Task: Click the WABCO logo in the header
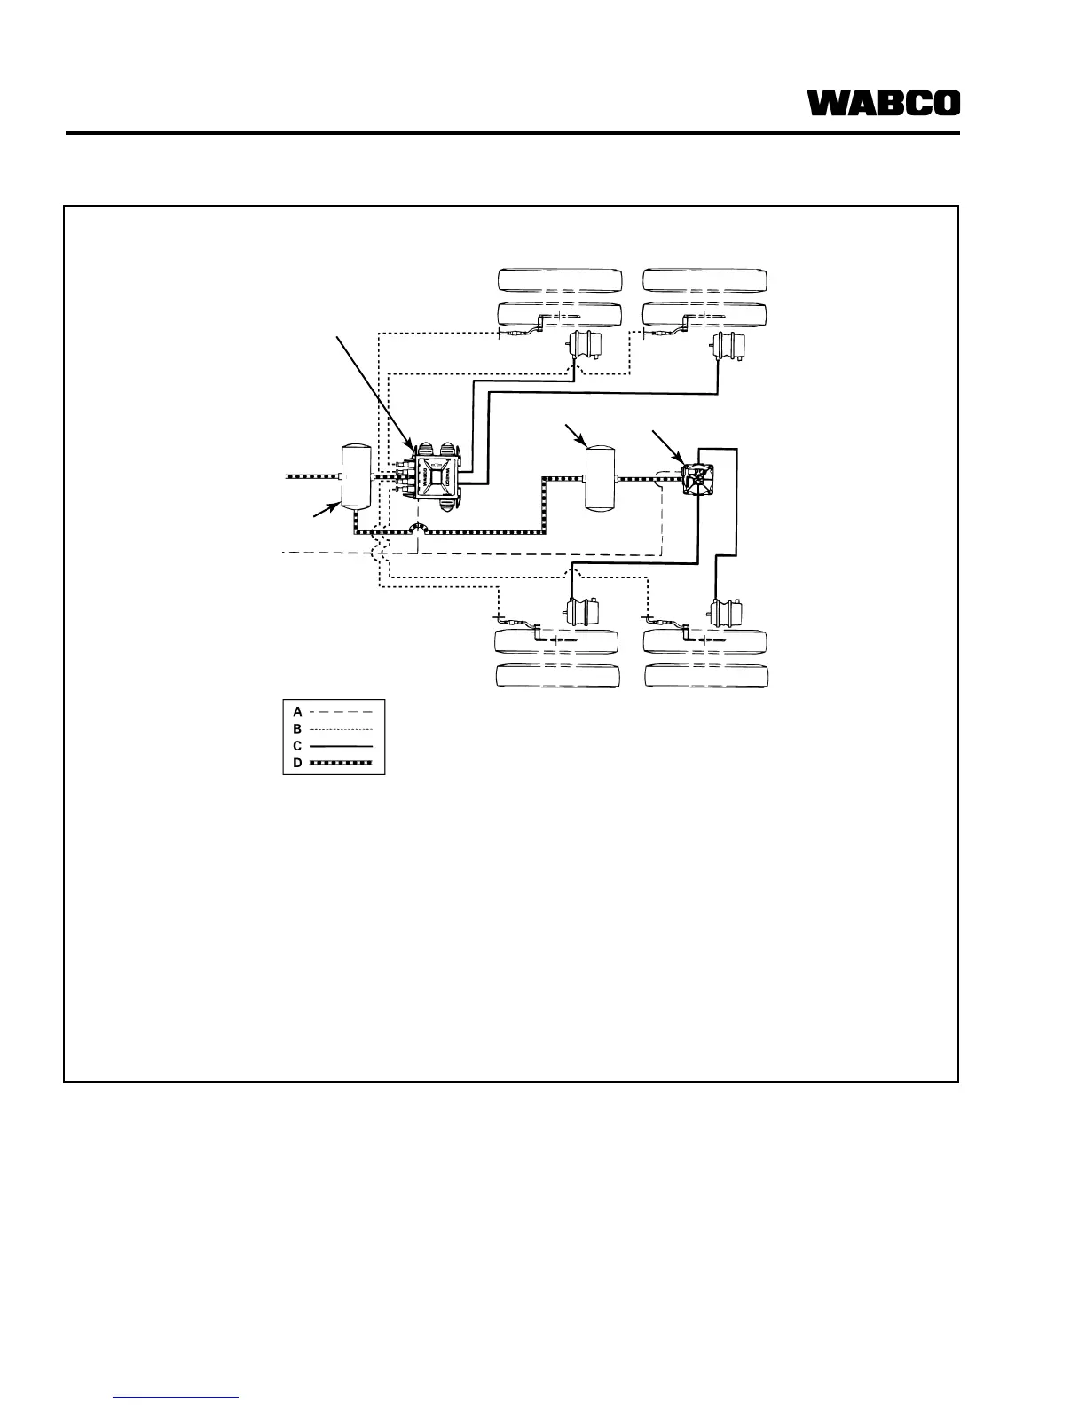(x=883, y=104)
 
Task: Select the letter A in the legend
(x=298, y=711)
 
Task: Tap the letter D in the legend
(x=298, y=763)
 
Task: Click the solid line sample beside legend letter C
(x=341, y=746)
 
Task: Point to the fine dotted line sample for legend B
(x=341, y=729)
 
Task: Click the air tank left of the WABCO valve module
(x=355, y=477)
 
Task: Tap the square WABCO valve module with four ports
(x=436, y=475)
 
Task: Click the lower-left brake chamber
(x=581, y=612)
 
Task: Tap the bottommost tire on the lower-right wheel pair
(x=707, y=676)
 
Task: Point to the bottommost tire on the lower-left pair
(x=558, y=676)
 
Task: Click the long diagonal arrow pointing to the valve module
(x=373, y=390)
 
